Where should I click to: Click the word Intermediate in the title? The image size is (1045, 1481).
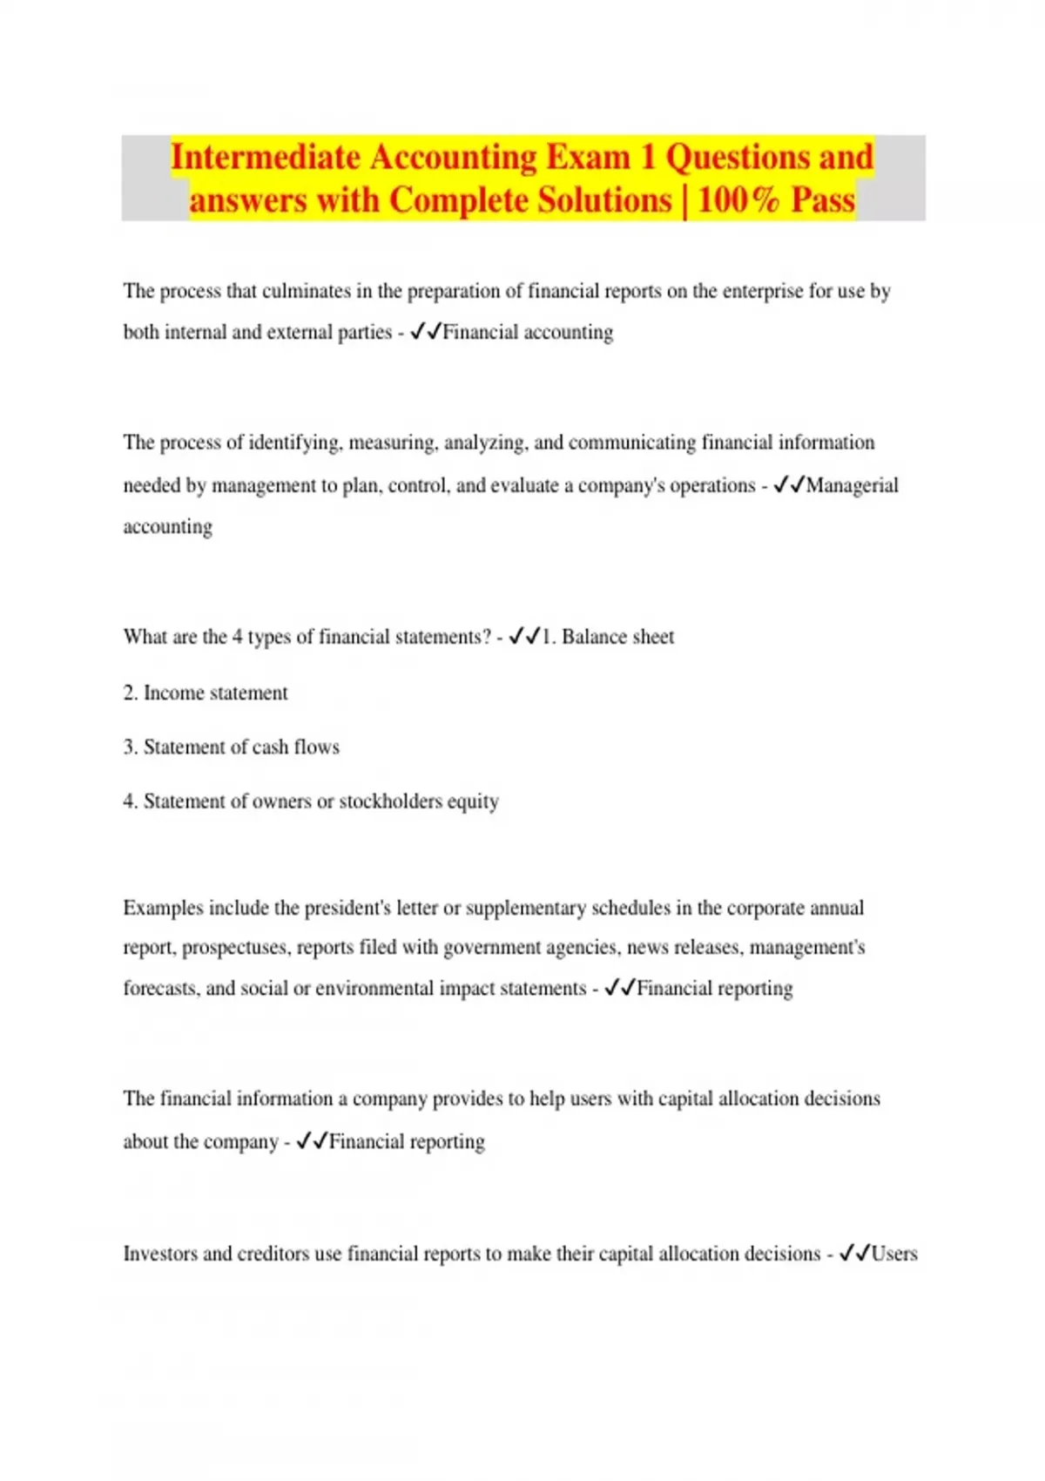coord(266,158)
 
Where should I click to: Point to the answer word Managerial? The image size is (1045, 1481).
coord(852,485)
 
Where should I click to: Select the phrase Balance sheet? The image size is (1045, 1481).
coord(617,637)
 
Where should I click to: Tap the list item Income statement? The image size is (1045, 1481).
coord(215,693)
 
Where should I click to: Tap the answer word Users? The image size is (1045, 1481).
coord(893,1254)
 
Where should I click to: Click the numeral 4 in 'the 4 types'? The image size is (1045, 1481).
coord(237,637)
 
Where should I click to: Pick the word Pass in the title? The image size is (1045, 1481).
coord(823,200)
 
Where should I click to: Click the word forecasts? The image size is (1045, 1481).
coord(159,988)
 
